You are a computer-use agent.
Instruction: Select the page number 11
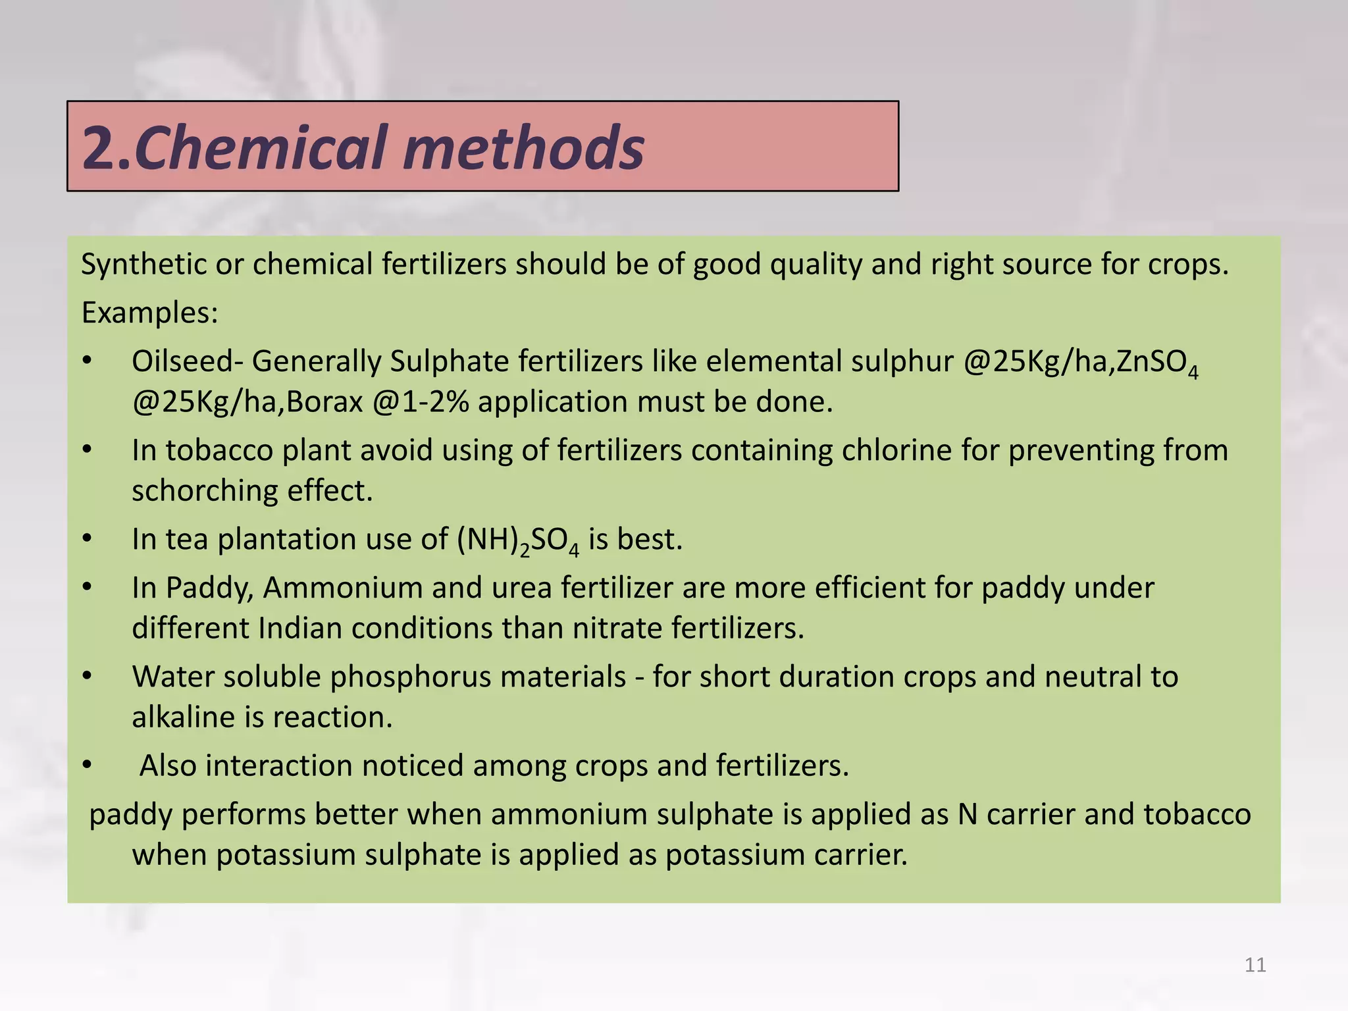1255,965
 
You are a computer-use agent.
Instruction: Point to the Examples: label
149,313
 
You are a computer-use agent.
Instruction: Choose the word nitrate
617,629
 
